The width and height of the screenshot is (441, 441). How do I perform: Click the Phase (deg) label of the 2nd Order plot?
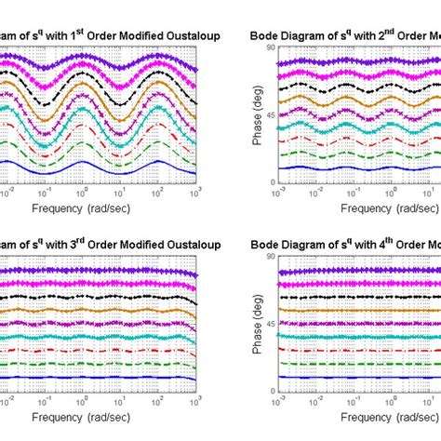tap(255, 114)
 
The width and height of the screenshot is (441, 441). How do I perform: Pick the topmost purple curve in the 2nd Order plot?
tap(354, 62)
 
